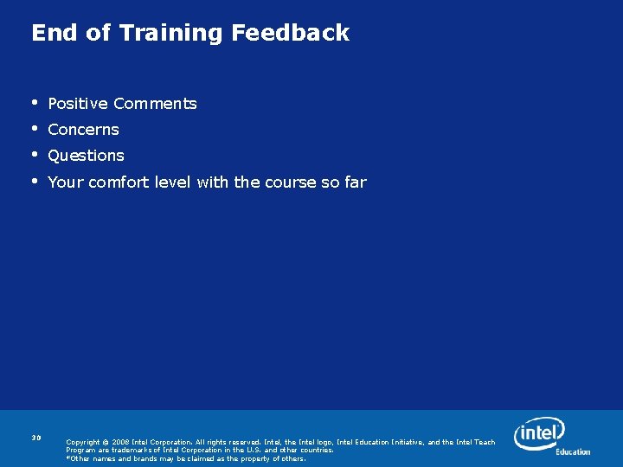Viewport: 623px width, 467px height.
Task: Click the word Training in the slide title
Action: (171, 34)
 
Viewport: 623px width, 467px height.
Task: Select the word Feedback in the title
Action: (291, 33)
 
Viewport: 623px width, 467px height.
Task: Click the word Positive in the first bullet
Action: (78, 104)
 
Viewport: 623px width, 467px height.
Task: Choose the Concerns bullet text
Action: (83, 130)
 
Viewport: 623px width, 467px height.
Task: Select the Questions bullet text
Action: (86, 156)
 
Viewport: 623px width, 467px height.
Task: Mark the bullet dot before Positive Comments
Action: (35, 103)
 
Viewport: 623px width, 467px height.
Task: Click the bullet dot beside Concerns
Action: (35, 129)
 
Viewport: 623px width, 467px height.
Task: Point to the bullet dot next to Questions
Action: (35, 155)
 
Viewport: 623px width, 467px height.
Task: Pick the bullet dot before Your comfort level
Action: (35, 182)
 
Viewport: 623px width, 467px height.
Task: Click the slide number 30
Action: (36, 438)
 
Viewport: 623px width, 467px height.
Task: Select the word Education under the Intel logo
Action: (573, 451)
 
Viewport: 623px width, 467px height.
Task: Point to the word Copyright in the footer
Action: (84, 442)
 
